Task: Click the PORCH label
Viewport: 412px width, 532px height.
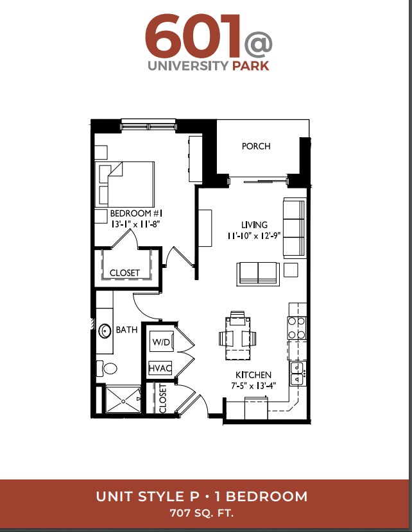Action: pos(256,146)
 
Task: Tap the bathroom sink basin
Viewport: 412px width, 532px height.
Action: pos(105,331)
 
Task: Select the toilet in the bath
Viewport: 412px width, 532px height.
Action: pos(107,368)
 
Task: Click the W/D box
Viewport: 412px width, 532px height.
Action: pos(162,342)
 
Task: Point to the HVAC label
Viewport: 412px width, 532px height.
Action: pos(160,368)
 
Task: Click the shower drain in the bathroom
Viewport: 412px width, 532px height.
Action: pos(123,401)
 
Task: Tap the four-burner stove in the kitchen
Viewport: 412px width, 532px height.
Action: pos(297,328)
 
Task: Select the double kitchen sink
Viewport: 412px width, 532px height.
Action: pos(297,373)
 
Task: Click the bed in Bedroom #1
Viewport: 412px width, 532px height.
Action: pos(126,184)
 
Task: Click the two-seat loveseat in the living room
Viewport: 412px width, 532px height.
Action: pos(259,274)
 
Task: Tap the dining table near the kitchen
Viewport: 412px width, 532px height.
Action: pos(237,338)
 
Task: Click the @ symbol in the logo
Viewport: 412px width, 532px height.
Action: pos(258,44)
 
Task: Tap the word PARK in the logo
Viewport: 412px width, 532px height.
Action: pos(251,65)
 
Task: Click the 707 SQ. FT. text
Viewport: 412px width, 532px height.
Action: pos(202,513)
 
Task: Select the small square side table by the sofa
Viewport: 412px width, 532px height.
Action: pos(291,270)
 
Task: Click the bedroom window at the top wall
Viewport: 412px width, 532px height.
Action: pos(149,125)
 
